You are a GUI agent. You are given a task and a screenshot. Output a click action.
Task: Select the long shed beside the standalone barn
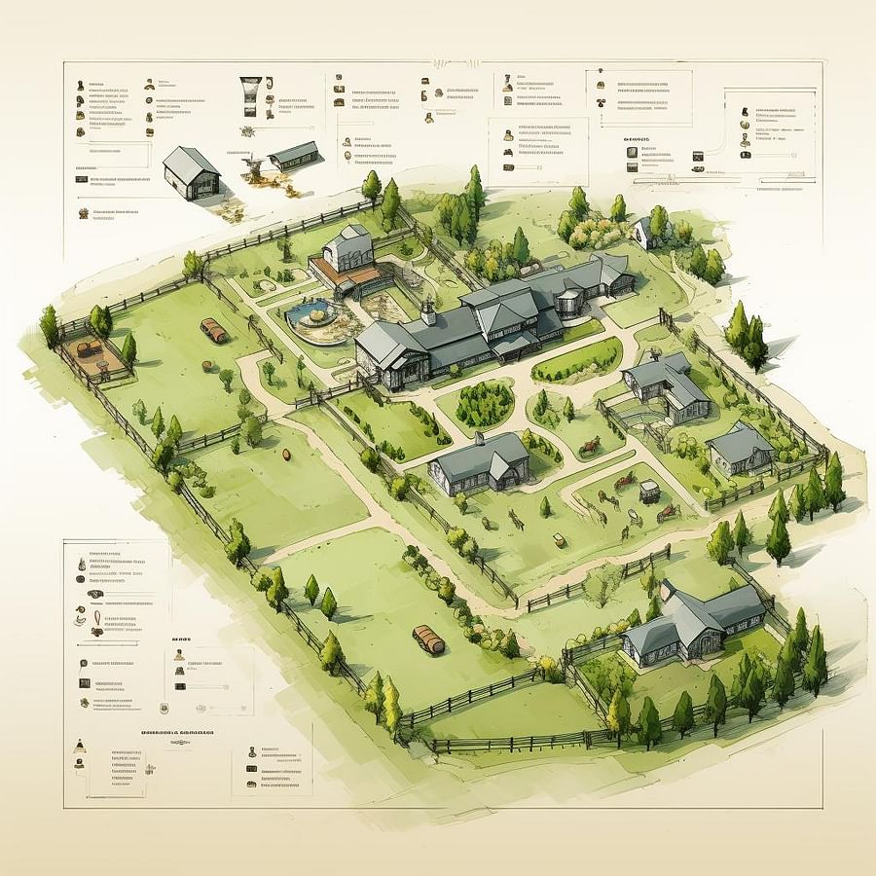[294, 156]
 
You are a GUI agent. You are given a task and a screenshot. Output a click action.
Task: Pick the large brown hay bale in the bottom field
[428, 639]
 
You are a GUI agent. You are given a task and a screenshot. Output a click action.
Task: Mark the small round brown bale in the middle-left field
[287, 454]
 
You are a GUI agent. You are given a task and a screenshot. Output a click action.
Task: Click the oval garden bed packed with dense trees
[484, 401]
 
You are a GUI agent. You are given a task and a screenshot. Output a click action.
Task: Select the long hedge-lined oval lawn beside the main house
[577, 360]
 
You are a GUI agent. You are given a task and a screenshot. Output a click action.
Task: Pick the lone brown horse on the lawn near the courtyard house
[591, 447]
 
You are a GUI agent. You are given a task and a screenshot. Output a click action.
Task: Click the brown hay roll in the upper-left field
[213, 331]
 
